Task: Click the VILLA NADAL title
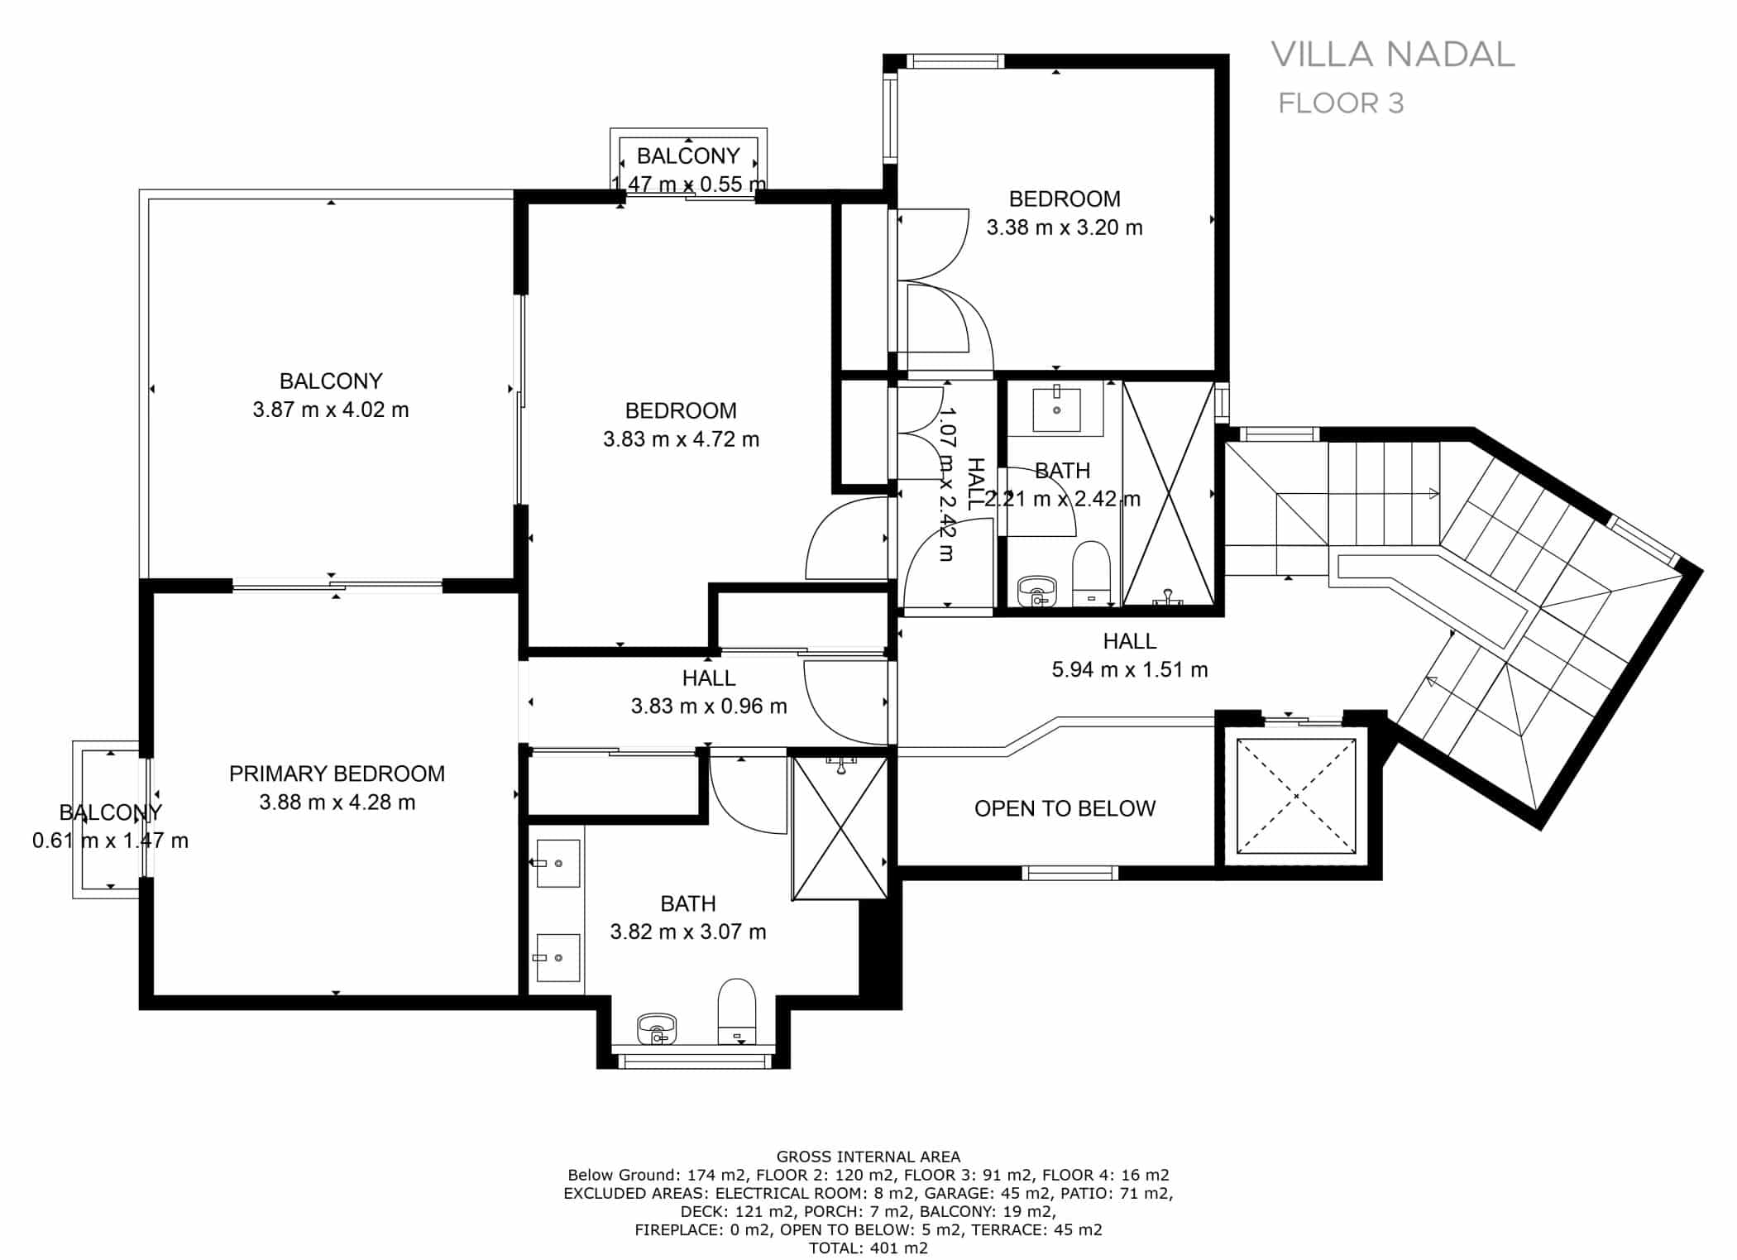[1392, 55]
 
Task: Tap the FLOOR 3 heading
[1341, 103]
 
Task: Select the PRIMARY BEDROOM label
[337, 774]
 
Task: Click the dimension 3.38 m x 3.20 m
[1065, 228]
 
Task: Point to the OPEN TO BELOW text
[1065, 808]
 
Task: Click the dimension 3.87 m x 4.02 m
[331, 410]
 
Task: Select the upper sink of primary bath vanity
[558, 863]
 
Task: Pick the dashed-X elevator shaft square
[1296, 796]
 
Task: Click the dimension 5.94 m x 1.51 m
[1129, 669]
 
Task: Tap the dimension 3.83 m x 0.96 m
[709, 706]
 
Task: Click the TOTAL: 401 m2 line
[868, 1248]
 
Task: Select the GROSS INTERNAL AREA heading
[868, 1157]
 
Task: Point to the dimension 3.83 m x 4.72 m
[681, 439]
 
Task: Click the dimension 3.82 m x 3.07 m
[688, 932]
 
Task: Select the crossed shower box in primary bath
[840, 827]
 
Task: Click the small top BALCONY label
[688, 156]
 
